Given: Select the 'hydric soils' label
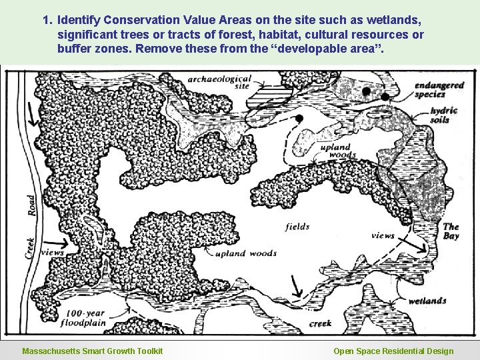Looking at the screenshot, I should (x=444, y=114).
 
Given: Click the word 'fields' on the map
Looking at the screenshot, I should (x=297, y=226).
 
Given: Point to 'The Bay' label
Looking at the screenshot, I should (x=451, y=231).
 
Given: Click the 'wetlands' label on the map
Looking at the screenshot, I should (x=427, y=301).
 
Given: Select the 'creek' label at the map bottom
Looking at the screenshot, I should (x=321, y=324).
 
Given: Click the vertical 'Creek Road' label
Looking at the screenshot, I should (x=30, y=227).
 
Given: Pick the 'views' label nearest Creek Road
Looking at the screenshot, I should (x=52, y=253).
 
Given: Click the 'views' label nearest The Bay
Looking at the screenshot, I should (x=383, y=235).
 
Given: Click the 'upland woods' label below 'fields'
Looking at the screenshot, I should (x=246, y=253).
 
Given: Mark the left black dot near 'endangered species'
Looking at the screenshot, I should (x=366, y=90).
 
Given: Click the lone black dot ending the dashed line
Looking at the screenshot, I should (x=299, y=119).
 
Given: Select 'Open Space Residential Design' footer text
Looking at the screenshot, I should (x=393, y=351).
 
